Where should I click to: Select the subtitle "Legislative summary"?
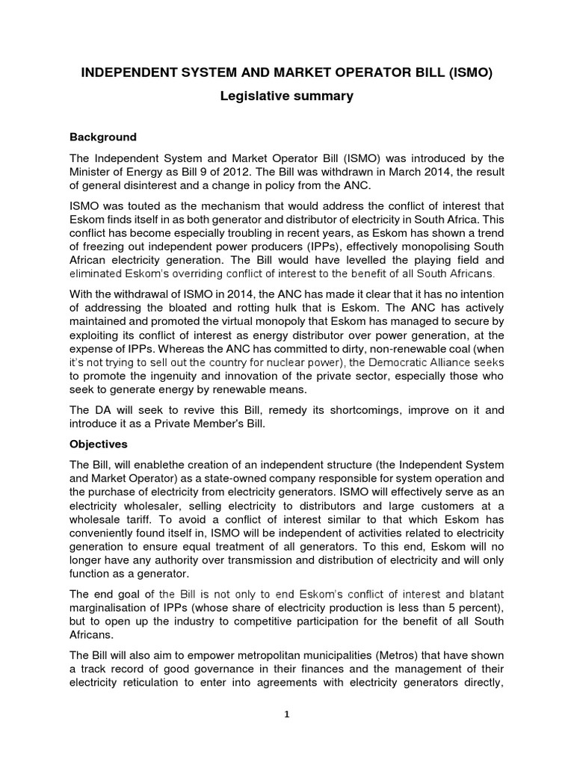[286, 96]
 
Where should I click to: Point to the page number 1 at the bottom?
[287, 713]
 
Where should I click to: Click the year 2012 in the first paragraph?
[234, 172]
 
